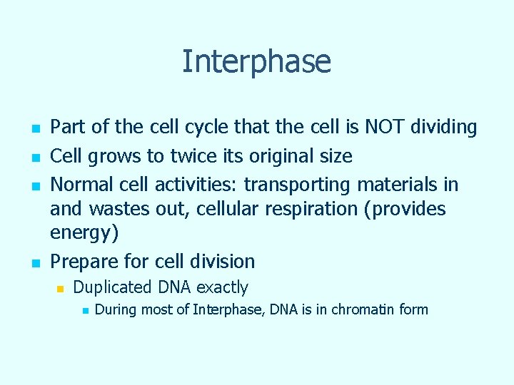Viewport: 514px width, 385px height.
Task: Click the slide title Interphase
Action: [256, 61]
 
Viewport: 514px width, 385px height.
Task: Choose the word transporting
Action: [297, 185]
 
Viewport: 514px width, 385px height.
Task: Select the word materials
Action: [400, 185]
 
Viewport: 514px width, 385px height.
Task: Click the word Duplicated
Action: [113, 287]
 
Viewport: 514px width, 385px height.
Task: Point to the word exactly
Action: [222, 288]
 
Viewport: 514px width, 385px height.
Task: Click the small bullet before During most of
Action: [84, 310]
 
